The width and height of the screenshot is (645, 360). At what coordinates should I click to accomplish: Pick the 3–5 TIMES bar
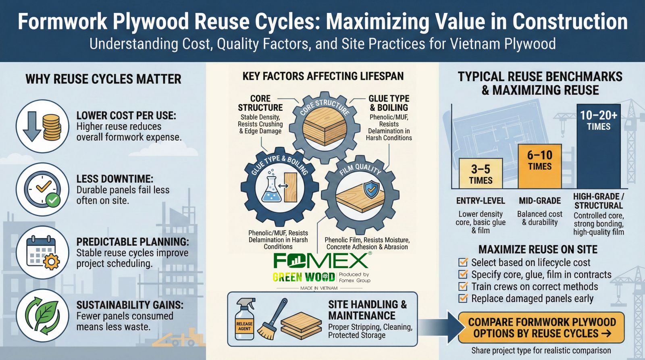point(481,173)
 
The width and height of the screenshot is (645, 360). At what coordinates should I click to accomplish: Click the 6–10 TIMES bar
point(540,166)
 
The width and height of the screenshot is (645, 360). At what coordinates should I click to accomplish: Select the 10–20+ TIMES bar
point(598,146)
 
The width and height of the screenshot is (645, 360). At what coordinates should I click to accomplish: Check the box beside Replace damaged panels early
point(463,298)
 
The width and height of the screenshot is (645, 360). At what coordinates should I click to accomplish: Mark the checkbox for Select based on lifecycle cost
point(463,262)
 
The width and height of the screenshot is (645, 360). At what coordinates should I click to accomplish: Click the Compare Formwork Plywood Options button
point(541,328)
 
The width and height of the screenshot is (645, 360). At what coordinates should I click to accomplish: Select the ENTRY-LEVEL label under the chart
point(481,201)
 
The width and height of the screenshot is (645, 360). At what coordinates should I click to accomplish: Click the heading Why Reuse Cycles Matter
point(103,79)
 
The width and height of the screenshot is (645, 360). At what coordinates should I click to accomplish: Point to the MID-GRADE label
point(540,201)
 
